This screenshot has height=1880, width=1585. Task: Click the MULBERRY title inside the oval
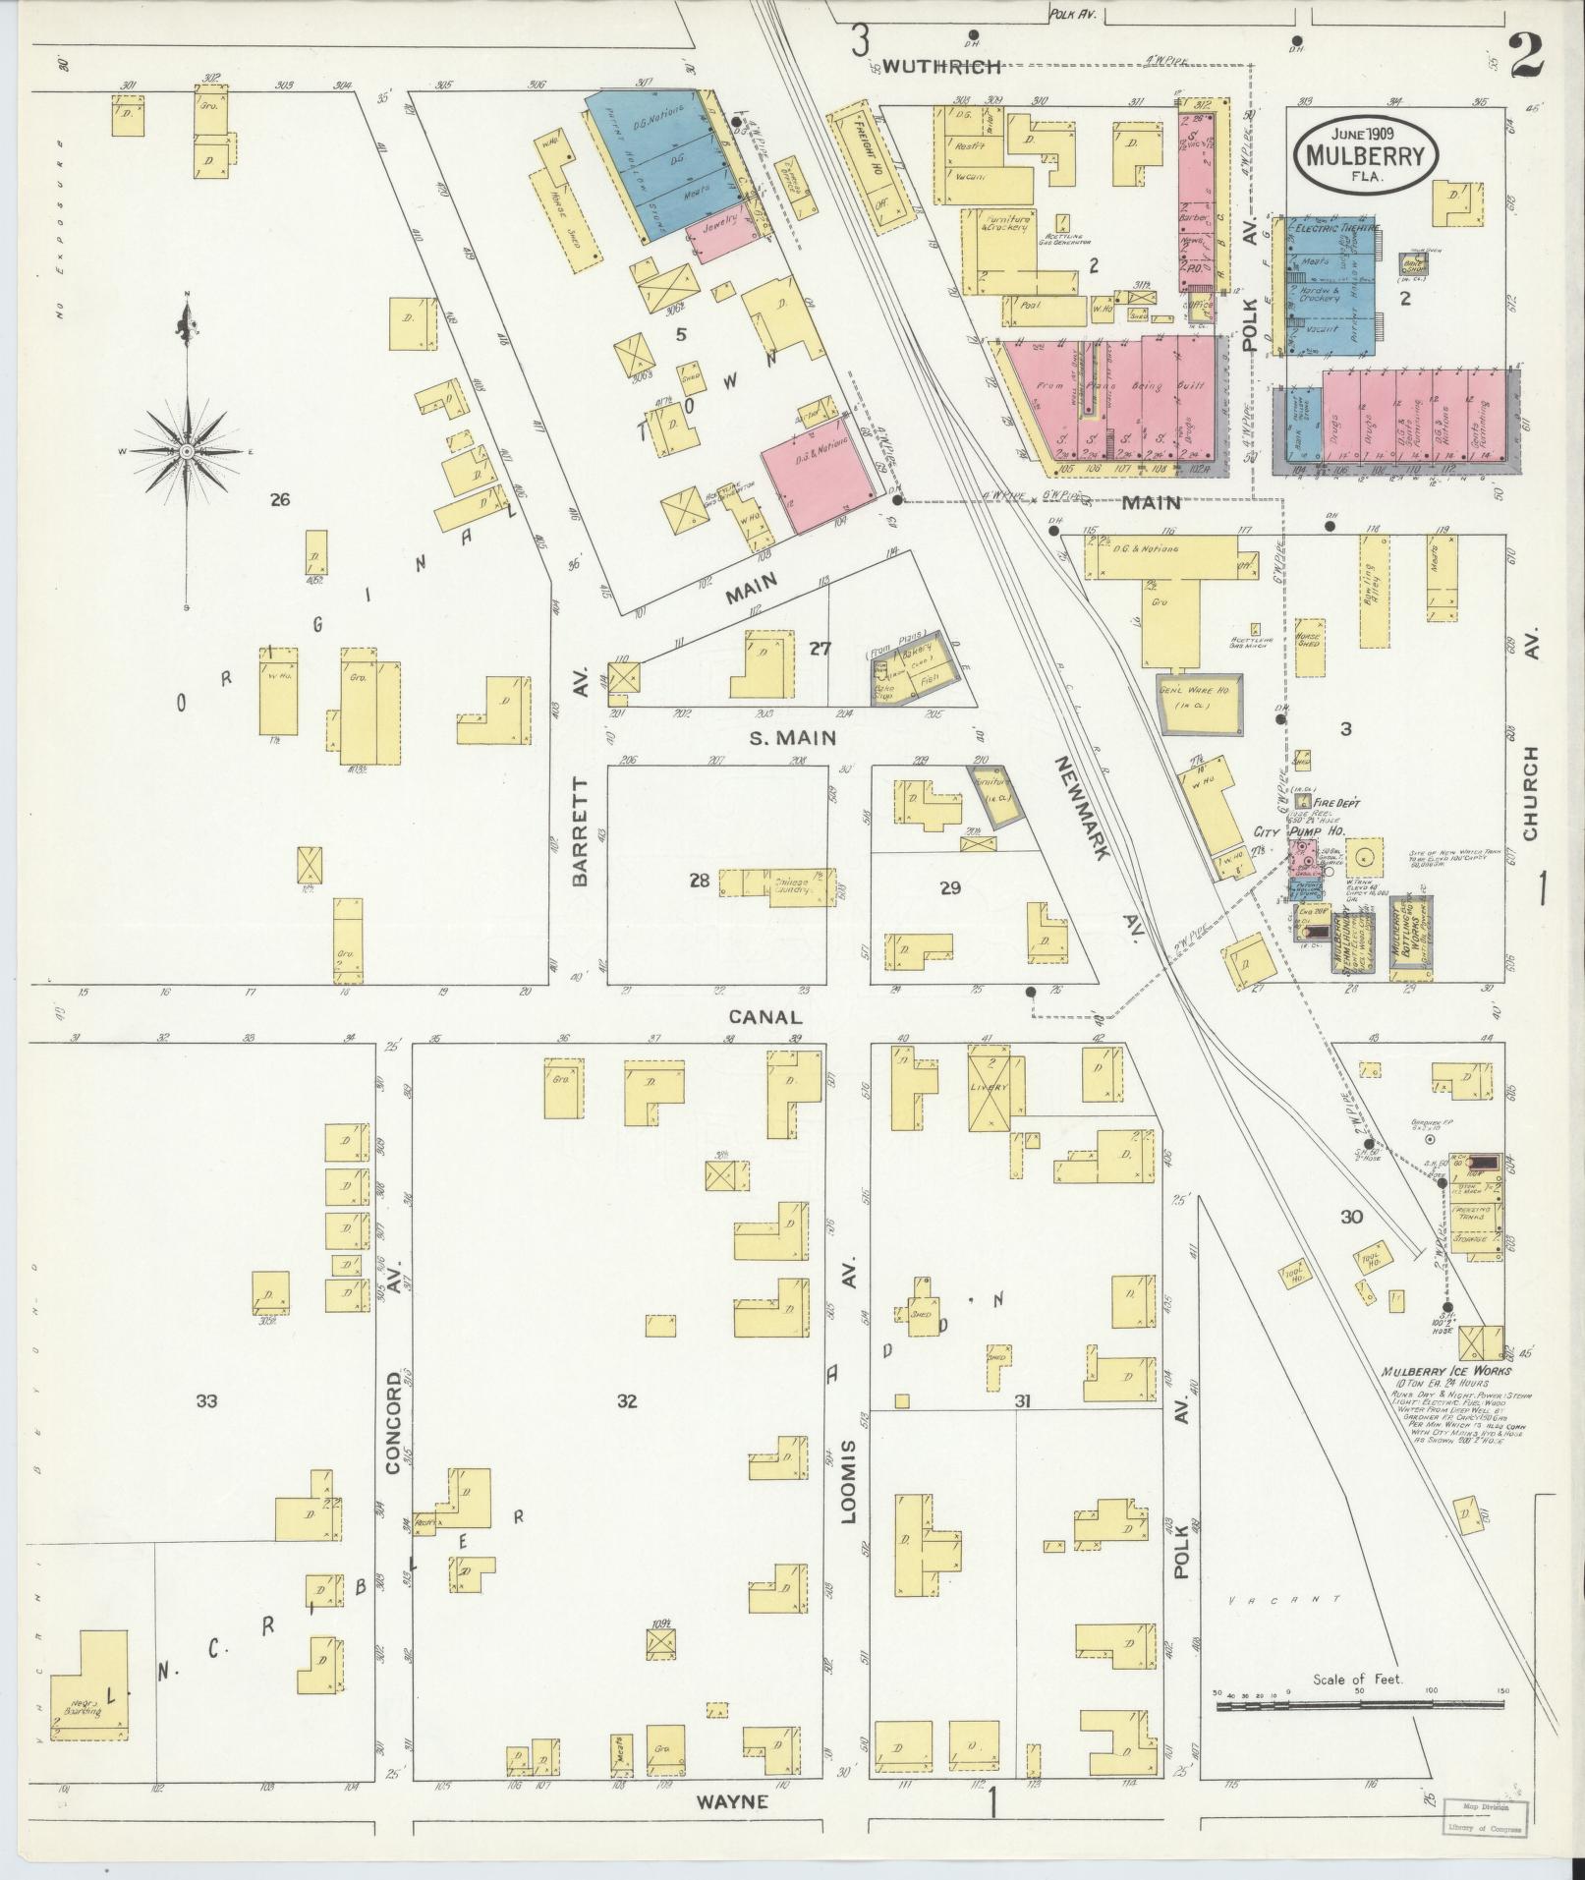click(x=1365, y=155)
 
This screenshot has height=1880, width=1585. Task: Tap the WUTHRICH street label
click(x=941, y=67)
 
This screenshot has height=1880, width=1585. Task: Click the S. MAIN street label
click(x=792, y=738)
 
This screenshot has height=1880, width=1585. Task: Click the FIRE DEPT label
click(x=1337, y=803)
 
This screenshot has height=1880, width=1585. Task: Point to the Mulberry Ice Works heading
click(x=1445, y=1371)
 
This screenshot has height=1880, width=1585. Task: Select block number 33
click(x=205, y=1400)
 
